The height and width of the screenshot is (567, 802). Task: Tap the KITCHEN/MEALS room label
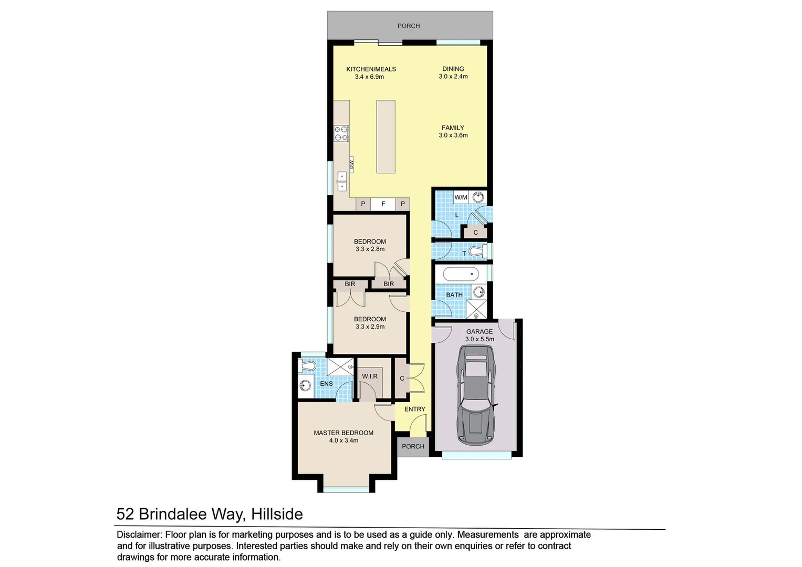point(371,69)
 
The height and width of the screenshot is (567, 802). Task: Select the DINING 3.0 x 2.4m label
point(453,72)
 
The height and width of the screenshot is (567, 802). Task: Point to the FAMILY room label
point(453,128)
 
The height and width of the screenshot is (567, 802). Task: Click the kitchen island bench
point(386,136)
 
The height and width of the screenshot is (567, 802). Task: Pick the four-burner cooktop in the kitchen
point(341,133)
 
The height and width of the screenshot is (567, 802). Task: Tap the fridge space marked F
point(383,204)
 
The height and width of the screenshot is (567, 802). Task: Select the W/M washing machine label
point(461,197)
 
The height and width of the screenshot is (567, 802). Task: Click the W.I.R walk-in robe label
point(370,376)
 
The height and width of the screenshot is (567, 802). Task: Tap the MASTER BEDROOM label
point(343,433)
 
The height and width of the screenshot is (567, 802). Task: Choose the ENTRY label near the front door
point(415,409)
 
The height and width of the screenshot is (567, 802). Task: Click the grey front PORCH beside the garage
point(413,446)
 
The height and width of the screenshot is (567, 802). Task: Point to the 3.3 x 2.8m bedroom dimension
point(370,249)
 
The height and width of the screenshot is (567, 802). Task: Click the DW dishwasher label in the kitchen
point(351,164)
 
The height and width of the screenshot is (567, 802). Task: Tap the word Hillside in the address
point(277,514)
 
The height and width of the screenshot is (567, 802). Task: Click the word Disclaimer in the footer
point(139,534)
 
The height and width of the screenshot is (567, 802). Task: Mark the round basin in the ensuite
point(305,387)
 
